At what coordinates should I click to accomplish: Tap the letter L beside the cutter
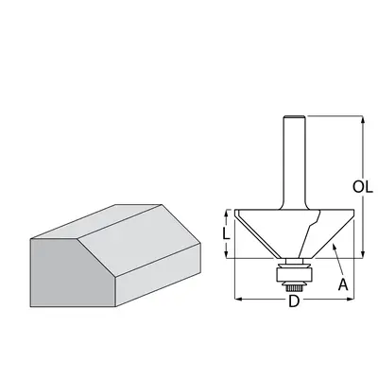pos(222,232)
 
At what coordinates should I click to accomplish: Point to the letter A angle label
pos(344,283)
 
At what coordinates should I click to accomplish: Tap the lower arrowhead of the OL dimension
pos(362,254)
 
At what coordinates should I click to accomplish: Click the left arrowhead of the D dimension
pos(236,298)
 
